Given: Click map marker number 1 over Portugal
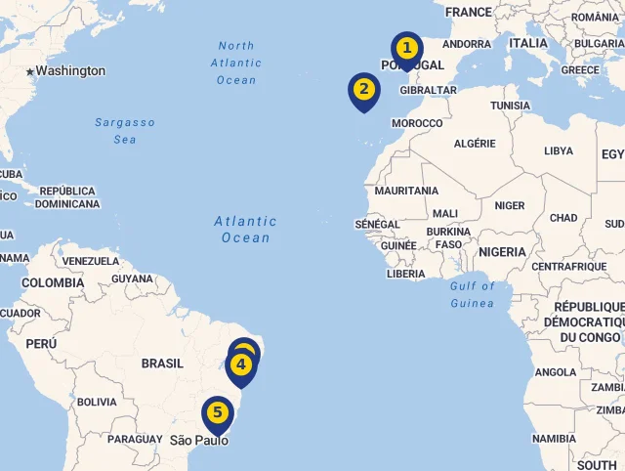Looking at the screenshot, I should click(407, 49).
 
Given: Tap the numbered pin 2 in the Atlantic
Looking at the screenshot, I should click(363, 90).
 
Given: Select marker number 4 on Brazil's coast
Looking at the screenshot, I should click(241, 366).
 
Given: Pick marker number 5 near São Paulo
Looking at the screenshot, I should click(217, 412).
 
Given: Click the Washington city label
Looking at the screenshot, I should click(70, 71).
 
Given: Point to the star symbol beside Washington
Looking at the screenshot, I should click(30, 71).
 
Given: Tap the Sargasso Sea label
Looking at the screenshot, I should click(124, 131).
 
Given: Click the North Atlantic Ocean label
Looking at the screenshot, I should click(236, 63).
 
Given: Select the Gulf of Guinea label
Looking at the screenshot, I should click(473, 294).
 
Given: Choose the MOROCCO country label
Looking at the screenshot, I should click(417, 124).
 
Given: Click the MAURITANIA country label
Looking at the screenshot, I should click(406, 191).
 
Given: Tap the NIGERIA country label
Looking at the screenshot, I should click(502, 252).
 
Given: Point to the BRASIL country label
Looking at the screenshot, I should click(162, 364).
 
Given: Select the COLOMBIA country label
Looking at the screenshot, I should click(53, 283).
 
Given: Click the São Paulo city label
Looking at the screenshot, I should click(199, 441).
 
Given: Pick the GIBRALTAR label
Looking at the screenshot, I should click(429, 90).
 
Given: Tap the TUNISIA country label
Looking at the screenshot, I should click(510, 106).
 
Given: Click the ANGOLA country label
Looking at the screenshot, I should click(556, 372).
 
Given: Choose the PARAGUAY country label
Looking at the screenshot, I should click(135, 440).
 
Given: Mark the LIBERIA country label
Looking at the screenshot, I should click(406, 275).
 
